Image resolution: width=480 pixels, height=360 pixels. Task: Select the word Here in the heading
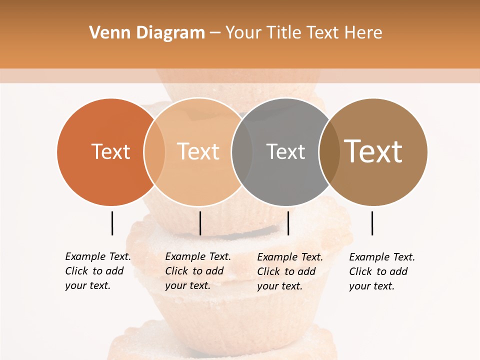[364, 33]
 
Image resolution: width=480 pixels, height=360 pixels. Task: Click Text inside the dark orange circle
[110, 152]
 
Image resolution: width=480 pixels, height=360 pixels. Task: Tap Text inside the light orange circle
[198, 152]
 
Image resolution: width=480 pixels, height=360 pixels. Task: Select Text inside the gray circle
[285, 152]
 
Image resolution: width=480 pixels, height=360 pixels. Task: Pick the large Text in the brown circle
[373, 151]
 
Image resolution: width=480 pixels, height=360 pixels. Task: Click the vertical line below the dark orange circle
[112, 223]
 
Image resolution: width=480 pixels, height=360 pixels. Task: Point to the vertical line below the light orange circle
[200, 223]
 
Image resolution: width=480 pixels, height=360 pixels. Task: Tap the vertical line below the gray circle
[288, 223]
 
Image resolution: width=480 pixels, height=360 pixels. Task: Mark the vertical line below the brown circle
[372, 223]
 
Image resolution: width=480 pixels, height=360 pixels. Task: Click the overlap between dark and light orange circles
[154, 152]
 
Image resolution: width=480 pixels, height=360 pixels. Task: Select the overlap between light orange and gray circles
[242, 152]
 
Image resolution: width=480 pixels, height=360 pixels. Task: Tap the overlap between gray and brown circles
[329, 152]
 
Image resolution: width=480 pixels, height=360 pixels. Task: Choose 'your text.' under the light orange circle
[187, 286]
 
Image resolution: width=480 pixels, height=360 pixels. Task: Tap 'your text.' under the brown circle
[371, 286]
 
